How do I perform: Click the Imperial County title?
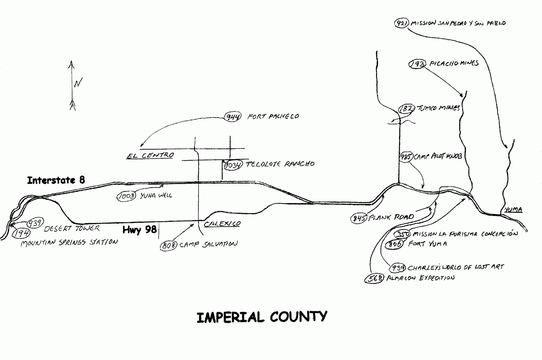[x=262, y=317]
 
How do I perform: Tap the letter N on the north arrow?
[x=78, y=83]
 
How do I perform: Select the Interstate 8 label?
[x=56, y=180]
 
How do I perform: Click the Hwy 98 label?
[x=140, y=230]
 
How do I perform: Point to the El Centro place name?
[x=150, y=156]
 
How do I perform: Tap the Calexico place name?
[x=222, y=224]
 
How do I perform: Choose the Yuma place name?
[x=513, y=209]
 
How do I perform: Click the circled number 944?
[x=233, y=117]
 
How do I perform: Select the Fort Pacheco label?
[x=273, y=117]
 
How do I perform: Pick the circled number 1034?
[x=233, y=165]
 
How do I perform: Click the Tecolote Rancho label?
[x=280, y=164]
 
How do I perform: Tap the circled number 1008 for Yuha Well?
[x=126, y=196]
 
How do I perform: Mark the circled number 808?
[x=168, y=245]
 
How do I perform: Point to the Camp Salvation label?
[x=208, y=244]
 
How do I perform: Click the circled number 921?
[x=401, y=23]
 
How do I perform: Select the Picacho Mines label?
[x=454, y=63]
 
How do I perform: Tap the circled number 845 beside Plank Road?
[x=359, y=218]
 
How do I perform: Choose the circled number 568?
[x=374, y=279]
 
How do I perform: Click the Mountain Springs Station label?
[x=69, y=242]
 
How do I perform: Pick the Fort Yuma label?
[x=428, y=244]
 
